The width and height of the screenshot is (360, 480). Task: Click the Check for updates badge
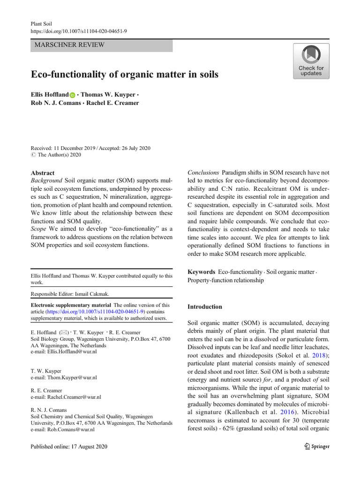[x=311, y=61]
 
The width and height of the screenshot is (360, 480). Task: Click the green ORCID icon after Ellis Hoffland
[x=72, y=95]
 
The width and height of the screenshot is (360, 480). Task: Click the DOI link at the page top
[x=78, y=30]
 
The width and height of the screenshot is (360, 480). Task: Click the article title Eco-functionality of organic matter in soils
[x=124, y=75]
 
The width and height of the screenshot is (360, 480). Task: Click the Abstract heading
[x=42, y=173]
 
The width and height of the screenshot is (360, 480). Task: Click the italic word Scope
[x=38, y=229]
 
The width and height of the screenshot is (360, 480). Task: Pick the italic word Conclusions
[x=203, y=172]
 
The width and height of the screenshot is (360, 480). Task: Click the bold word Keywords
[x=201, y=272]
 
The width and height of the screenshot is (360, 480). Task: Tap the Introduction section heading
[x=205, y=307]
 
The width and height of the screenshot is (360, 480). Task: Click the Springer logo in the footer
[x=316, y=446]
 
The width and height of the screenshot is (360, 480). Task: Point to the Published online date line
[x=68, y=447]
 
